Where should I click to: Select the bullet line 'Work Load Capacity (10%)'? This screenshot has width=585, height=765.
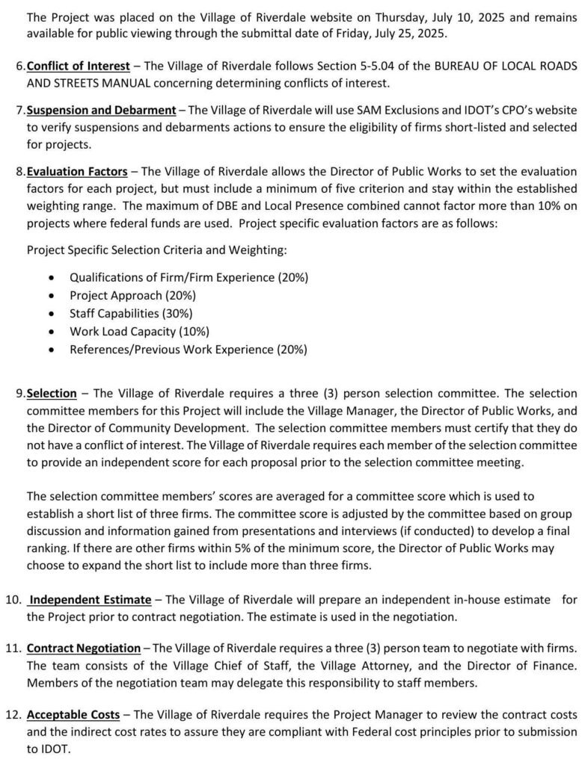(139, 331)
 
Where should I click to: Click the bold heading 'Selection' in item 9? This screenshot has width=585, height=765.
(52, 393)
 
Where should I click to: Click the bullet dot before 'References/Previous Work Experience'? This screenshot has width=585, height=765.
(50, 349)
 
